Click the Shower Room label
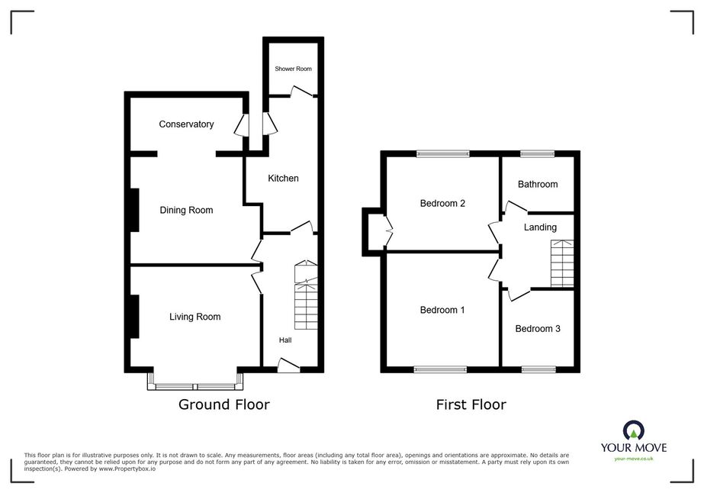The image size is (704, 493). (293, 69)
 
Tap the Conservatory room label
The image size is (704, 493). (186, 124)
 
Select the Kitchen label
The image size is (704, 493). (283, 179)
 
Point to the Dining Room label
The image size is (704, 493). (186, 211)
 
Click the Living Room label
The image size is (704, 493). (194, 317)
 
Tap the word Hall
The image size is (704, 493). (285, 340)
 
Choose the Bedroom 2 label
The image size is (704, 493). (442, 204)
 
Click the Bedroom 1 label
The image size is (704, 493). (442, 310)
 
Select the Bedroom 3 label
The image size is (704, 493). (538, 329)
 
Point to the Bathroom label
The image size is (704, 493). (538, 184)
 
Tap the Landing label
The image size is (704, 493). (540, 227)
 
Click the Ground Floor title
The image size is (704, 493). (224, 404)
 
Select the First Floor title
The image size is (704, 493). (471, 404)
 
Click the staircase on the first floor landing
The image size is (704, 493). (562, 263)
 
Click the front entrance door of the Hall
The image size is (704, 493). (288, 366)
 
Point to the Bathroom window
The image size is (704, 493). (538, 154)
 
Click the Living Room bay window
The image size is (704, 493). (195, 381)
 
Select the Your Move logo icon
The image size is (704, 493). (634, 430)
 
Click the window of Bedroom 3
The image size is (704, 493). (538, 370)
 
